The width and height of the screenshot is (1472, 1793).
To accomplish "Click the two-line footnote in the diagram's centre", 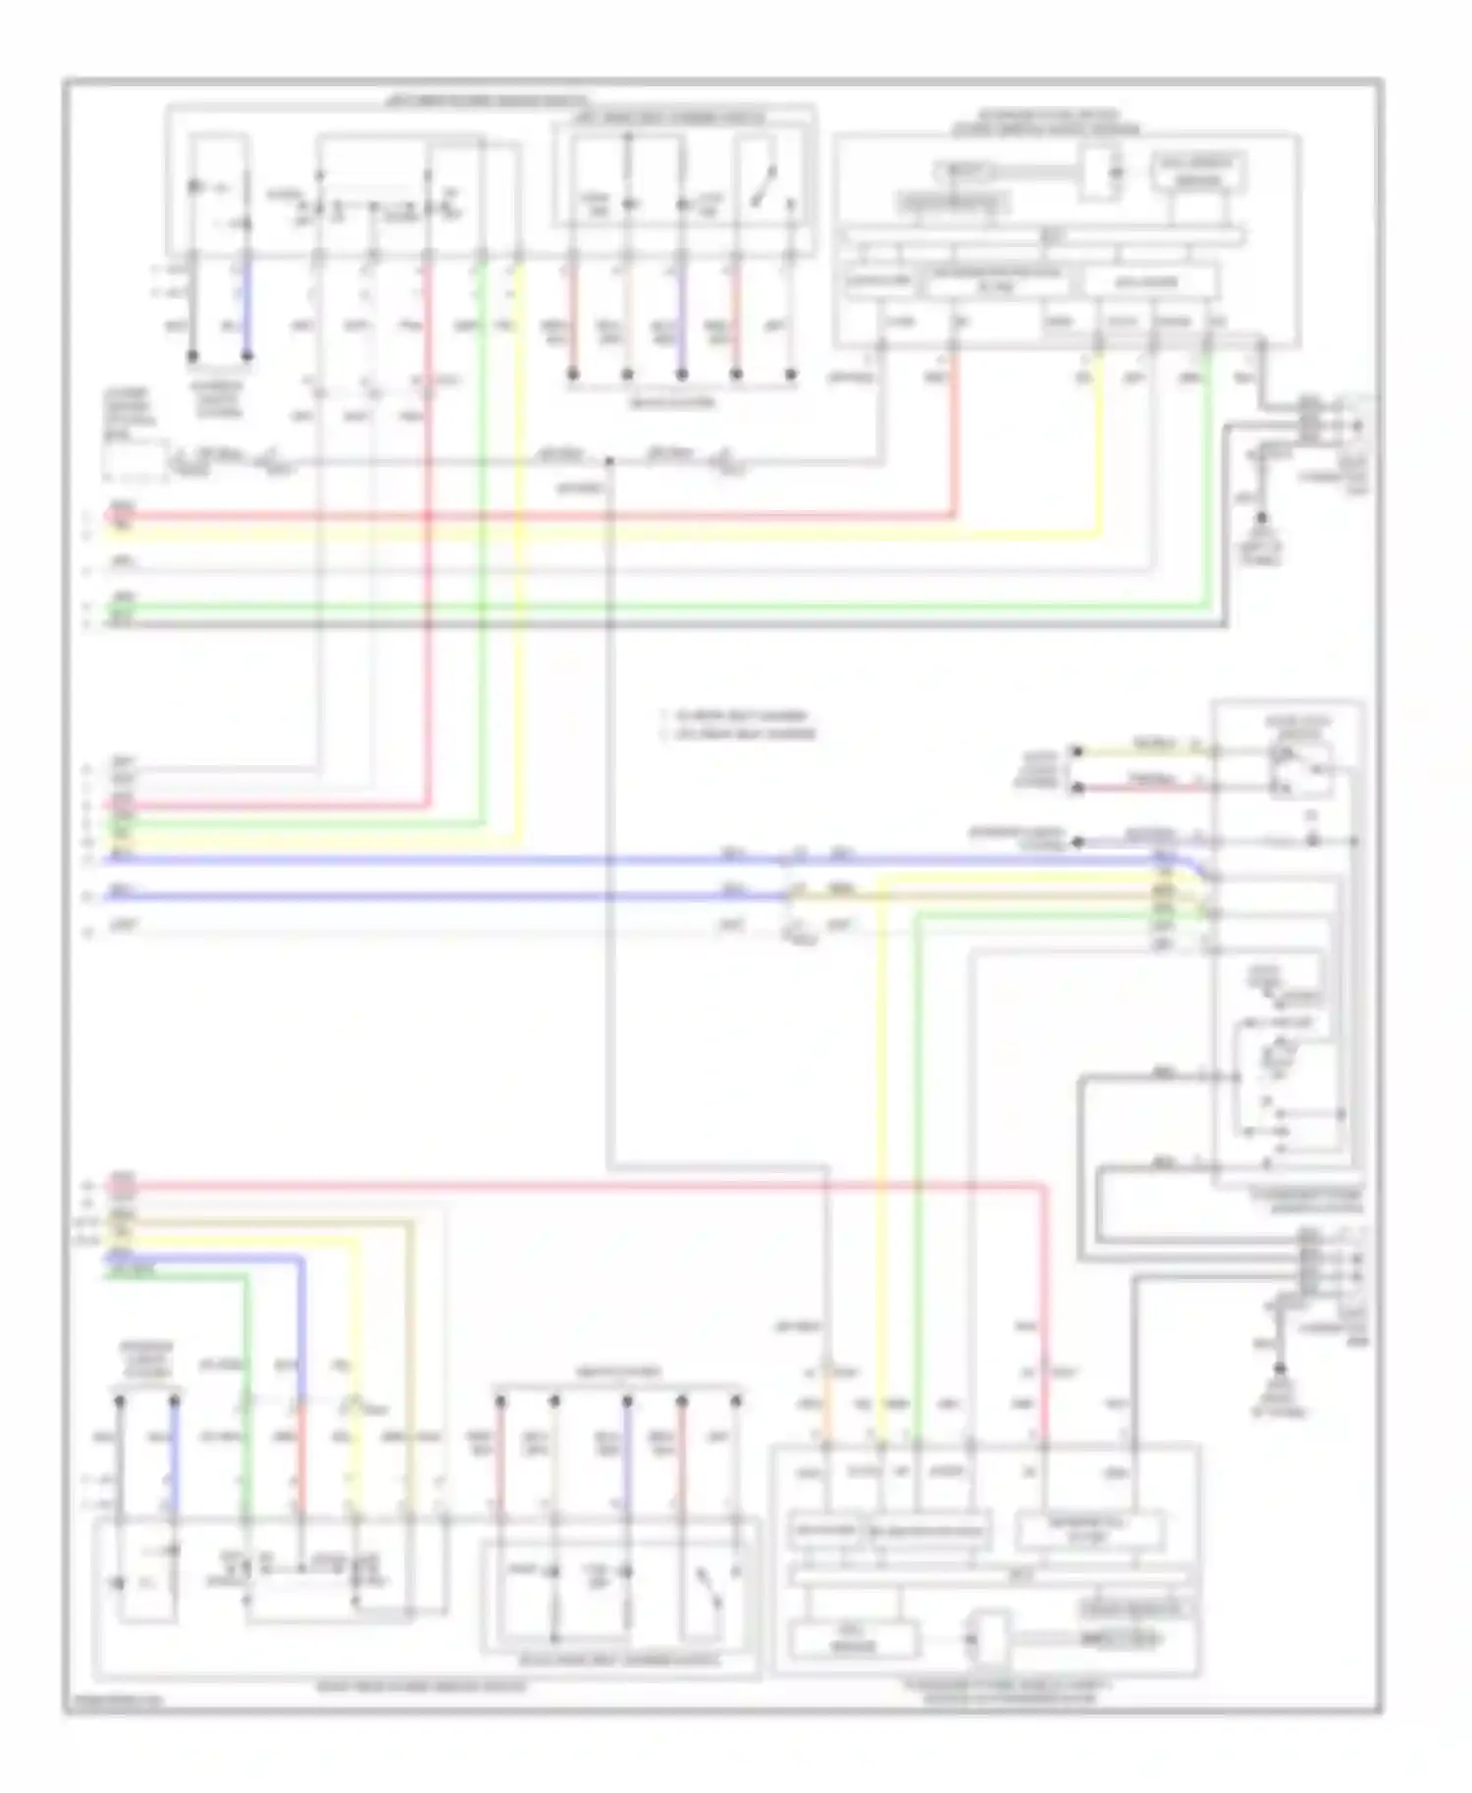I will pos(738,725).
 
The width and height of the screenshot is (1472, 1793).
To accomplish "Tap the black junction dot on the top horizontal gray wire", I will pos(608,460).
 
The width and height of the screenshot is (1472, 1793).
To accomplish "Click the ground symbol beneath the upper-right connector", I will pos(1262,519).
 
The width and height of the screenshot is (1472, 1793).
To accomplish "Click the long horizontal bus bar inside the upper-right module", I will pos(1045,236).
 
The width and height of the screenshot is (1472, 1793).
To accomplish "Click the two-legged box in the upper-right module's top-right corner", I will pos(1199,173).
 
